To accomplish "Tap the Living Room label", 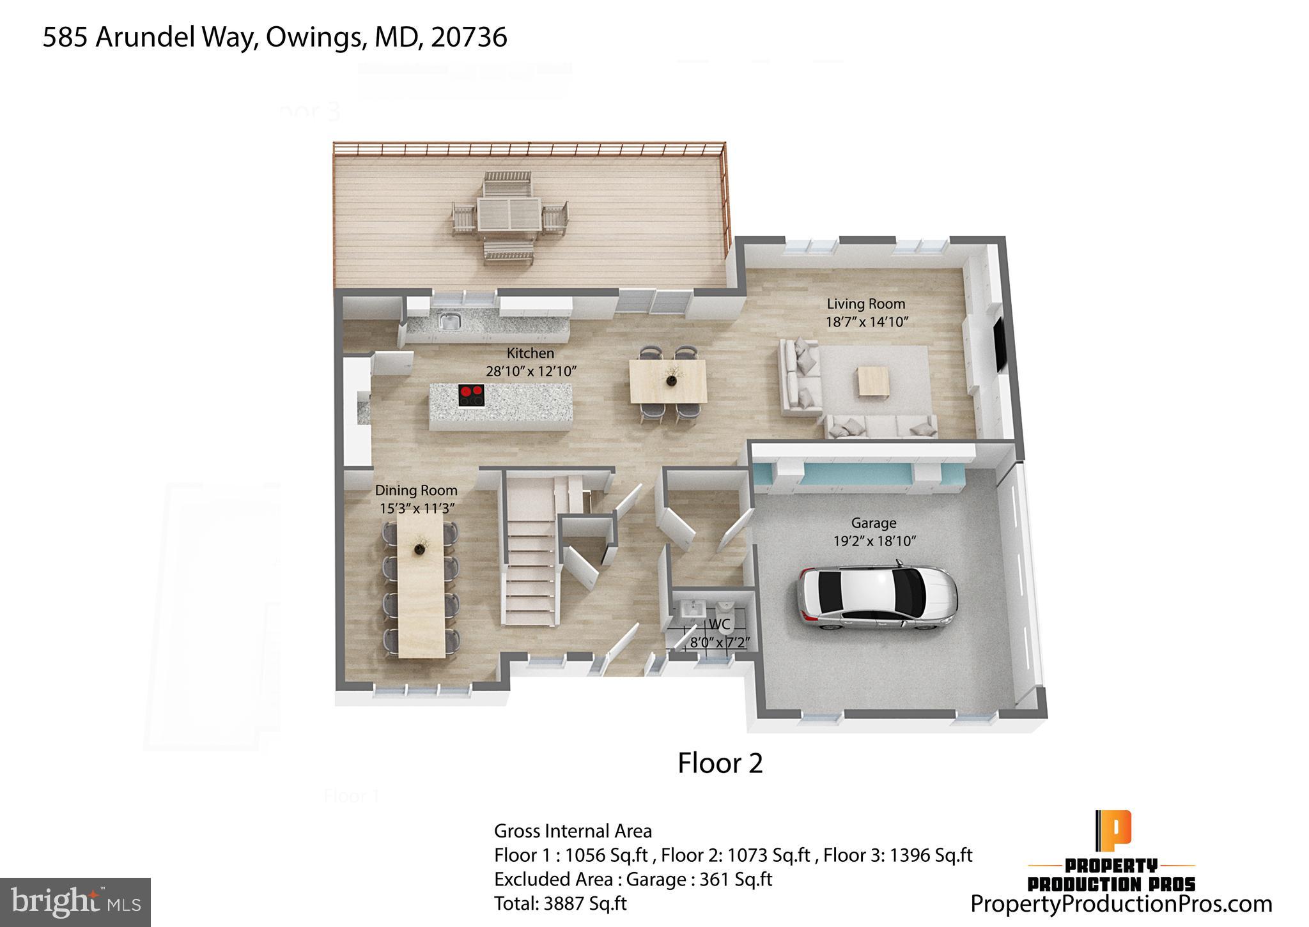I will [865, 304].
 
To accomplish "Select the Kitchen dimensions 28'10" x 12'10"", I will [531, 371].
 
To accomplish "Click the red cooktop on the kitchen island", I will [471, 395].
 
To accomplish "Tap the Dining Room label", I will [416, 491].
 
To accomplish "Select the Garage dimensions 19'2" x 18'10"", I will [874, 541].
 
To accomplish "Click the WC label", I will [719, 624].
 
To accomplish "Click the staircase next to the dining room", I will [531, 562].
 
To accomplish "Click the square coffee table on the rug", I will [874, 381].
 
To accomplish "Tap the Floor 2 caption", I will [720, 763].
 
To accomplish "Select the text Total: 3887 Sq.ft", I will [560, 903].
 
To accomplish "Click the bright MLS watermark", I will [75, 902].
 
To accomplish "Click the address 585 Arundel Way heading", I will [275, 37].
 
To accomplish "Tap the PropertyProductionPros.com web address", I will [1121, 903].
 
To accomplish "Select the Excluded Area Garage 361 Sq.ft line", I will [633, 879].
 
